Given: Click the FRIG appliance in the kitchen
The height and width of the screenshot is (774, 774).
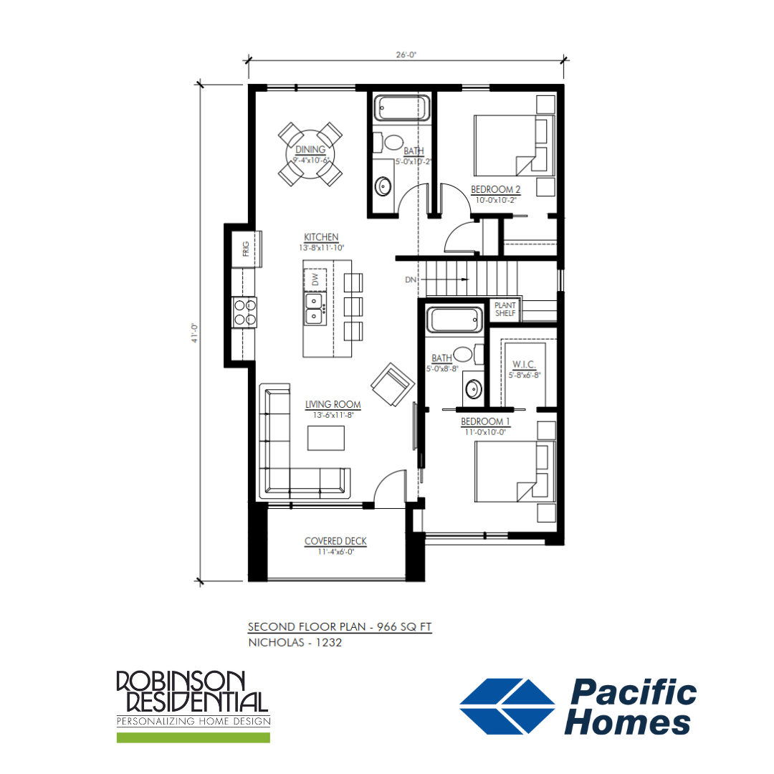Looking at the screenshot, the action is pos(247,249).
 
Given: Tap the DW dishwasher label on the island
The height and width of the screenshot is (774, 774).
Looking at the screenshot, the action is pos(315,279).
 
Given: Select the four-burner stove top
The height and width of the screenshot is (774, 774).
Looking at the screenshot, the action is pos(244,312).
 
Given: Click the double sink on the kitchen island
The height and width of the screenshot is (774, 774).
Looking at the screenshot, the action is pos(315,308).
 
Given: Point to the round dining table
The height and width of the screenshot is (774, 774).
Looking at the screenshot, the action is pos(310,155).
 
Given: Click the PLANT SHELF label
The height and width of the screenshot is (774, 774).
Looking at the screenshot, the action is pos(505,310).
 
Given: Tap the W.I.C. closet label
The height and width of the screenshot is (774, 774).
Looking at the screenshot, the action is pos(524,364).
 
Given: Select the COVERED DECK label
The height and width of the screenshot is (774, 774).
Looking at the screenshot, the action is pos(335,541).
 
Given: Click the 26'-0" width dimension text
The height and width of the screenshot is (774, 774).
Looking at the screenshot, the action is pos(406,54).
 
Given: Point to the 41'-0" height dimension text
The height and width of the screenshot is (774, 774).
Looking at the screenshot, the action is pos(195,333).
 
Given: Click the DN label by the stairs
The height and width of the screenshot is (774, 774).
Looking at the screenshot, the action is pos(411,280).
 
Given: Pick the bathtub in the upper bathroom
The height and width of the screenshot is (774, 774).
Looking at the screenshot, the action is pos(402,107).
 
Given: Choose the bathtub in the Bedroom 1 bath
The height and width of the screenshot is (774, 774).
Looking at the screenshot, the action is pos(454,320).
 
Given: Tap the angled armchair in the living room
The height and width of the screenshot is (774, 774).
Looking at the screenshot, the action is pos(393,385).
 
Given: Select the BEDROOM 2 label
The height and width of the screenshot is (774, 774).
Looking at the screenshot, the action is pos(496,189).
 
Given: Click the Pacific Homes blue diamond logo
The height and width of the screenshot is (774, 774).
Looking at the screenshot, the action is pos(507,707).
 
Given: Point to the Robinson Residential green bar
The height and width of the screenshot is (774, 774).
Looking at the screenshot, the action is pos(193,737).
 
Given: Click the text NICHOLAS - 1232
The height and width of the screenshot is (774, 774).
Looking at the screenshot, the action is pos(295,643).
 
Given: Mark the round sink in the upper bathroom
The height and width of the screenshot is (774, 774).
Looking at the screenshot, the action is pos(383,186).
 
